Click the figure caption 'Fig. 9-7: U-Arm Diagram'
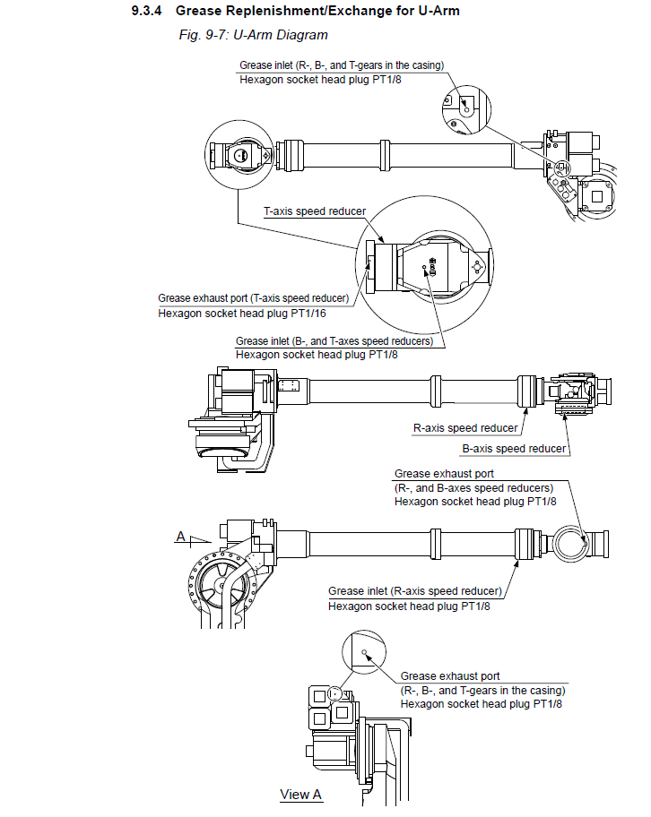[254, 35]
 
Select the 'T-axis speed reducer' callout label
[314, 211]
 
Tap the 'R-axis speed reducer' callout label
[465, 428]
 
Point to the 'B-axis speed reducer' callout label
[514, 448]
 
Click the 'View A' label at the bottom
[300, 794]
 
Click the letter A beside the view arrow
[181, 537]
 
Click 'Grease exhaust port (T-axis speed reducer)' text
[253, 298]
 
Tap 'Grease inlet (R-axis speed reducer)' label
[414, 591]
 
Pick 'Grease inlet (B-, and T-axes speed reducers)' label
[334, 341]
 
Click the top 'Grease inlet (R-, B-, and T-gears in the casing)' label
[342, 65]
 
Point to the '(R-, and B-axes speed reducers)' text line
[474, 487]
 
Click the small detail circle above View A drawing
[364, 654]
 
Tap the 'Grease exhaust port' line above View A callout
[450, 676]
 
